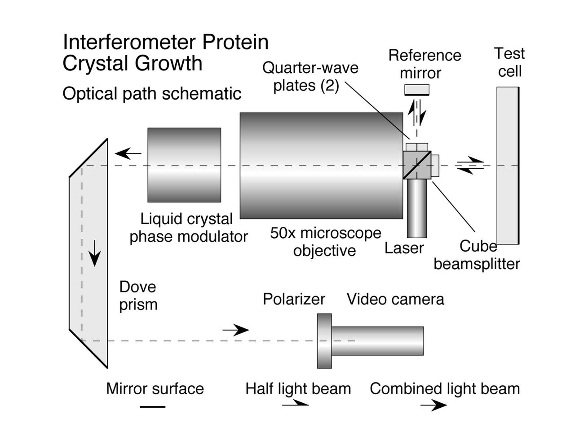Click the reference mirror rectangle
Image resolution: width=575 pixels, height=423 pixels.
coord(416,90)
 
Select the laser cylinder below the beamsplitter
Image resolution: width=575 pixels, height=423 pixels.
coord(416,209)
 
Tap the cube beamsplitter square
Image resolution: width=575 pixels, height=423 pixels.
coord(417,165)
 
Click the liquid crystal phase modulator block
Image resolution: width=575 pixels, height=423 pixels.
coord(184,165)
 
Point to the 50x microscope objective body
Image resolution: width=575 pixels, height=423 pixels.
coord(321,165)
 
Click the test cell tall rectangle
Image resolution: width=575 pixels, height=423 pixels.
coord(508,166)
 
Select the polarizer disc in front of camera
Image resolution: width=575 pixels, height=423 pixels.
coord(324,341)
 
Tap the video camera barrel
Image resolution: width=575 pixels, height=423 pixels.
coord(377,341)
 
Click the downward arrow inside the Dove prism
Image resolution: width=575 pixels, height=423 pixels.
coord(94,253)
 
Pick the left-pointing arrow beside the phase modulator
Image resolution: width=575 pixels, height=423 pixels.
coord(128,153)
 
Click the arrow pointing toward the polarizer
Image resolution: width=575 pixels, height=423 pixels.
coord(236,330)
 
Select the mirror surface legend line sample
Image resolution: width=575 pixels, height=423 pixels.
coord(153,407)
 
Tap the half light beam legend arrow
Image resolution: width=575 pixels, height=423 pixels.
coord(295,405)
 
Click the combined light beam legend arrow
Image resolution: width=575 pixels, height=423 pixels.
coord(433,406)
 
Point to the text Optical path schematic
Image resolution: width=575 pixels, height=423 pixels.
coord(152,94)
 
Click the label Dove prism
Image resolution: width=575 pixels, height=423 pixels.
coord(138,296)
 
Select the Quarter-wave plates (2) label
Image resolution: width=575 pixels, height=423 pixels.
coord(310,76)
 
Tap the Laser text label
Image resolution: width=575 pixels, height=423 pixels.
coord(404,248)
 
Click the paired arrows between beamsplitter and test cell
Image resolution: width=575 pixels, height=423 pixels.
coord(469,165)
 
